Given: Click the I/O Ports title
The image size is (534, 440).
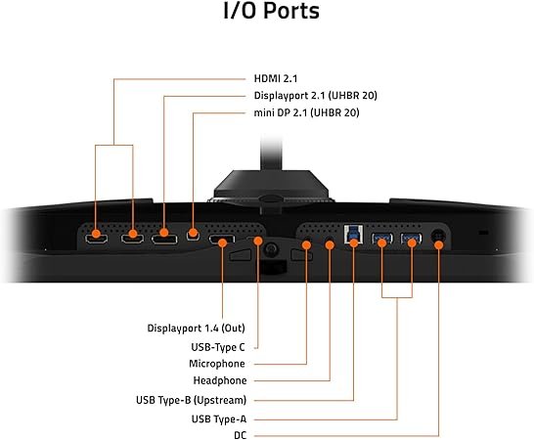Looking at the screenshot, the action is [271, 11].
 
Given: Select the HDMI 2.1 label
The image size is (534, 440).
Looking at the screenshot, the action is [276, 78].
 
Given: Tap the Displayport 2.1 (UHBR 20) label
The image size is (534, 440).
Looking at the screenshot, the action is [315, 96].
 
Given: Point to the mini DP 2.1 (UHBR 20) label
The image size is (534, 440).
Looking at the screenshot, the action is [306, 112].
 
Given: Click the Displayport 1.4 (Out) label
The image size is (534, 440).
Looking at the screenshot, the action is [196, 329].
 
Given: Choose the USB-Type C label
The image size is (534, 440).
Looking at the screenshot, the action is [218, 347].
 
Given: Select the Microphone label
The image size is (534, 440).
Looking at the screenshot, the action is [217, 364].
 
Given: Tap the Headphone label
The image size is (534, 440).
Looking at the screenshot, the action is [220, 380].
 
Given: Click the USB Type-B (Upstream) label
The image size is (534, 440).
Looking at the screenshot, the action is [191, 400].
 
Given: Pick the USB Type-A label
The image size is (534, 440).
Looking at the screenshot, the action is [219, 419].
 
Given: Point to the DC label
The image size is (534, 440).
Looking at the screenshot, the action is [240, 435].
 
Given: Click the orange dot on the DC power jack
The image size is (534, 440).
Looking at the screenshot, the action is [438, 244].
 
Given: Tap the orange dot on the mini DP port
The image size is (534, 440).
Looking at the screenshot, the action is [193, 234].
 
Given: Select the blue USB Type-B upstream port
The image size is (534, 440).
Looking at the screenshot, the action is [353, 234].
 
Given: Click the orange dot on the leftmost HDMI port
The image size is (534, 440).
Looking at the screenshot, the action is [96, 234].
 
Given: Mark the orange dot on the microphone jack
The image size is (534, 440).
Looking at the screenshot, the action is [306, 244].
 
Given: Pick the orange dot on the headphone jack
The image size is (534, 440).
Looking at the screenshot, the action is [330, 244].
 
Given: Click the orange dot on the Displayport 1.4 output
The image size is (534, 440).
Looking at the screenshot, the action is [222, 242].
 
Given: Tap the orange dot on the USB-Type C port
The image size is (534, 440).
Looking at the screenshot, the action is [258, 242].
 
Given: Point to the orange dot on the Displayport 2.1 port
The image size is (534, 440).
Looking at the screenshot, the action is [163, 233].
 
